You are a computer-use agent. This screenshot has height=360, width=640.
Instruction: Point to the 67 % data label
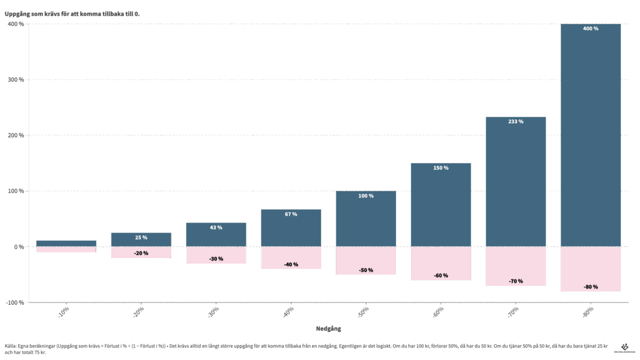[291, 214]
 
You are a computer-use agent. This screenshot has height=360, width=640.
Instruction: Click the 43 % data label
[216, 228]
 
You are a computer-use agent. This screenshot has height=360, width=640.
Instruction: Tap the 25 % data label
[141, 238]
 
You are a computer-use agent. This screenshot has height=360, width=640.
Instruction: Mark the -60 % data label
[441, 276]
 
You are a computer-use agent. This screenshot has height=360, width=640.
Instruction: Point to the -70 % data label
[516, 281]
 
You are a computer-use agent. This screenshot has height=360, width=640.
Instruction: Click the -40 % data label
[291, 264]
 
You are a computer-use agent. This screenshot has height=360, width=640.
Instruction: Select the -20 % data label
[141, 253]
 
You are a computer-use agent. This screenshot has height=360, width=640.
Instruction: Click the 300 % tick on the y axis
[15, 80]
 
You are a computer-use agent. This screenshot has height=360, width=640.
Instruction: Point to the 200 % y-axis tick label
[15, 136]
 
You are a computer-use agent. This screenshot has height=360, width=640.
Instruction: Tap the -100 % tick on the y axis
[15, 303]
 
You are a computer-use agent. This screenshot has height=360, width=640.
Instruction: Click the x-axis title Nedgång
[328, 328]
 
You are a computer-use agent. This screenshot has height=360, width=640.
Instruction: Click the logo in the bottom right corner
[624, 348]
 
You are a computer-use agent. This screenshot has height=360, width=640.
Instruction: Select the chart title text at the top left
[71, 13]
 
